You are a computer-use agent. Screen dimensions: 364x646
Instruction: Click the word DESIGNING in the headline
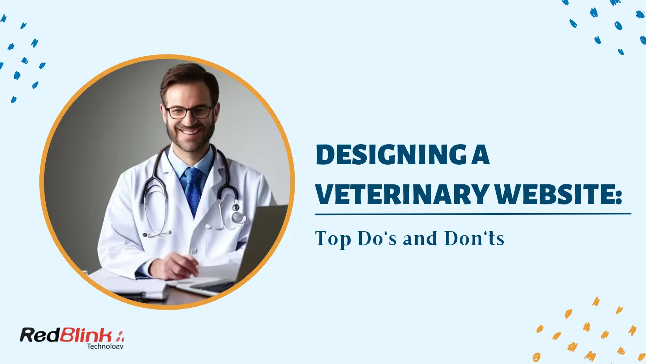coord(391,155)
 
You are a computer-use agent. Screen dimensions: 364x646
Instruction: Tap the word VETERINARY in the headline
coord(402,195)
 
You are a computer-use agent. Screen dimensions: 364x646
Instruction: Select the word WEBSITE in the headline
coord(553,195)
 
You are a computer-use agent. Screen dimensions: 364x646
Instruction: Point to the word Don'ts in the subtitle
coord(474,238)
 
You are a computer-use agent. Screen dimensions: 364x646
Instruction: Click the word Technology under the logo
coord(105,346)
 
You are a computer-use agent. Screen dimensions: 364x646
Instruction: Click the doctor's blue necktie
coord(193,189)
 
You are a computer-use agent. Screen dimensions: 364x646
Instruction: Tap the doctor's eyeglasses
coord(189,112)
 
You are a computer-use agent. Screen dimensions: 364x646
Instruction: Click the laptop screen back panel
coord(262,240)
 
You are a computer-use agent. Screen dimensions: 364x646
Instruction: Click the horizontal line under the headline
coord(473,214)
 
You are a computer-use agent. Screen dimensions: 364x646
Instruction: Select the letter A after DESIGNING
coord(480,155)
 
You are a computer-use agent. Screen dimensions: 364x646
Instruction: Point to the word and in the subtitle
coord(420,238)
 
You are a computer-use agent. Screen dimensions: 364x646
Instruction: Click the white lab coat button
coord(194,251)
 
